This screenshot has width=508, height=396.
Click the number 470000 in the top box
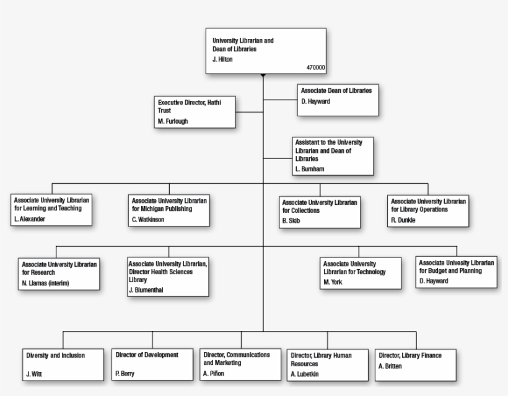click(x=315, y=67)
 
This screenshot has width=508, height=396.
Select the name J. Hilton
click(x=223, y=59)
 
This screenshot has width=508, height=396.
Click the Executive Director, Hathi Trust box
click(x=195, y=111)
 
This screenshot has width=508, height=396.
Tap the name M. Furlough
click(x=173, y=121)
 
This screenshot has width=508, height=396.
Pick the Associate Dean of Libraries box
click(x=338, y=100)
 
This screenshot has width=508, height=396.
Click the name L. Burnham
click(x=310, y=168)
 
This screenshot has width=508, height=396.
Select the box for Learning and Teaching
click(x=52, y=210)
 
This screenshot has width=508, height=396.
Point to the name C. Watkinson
click(x=148, y=219)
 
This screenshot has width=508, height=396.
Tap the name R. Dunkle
click(x=403, y=220)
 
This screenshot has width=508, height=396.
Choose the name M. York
click(x=333, y=282)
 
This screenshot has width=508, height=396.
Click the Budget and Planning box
click(x=456, y=272)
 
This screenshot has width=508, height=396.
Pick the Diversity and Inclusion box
click(x=64, y=364)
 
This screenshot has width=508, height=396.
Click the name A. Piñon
click(x=214, y=373)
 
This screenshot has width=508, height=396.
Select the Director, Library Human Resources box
click(x=328, y=364)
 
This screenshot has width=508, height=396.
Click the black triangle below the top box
click(x=263, y=76)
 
